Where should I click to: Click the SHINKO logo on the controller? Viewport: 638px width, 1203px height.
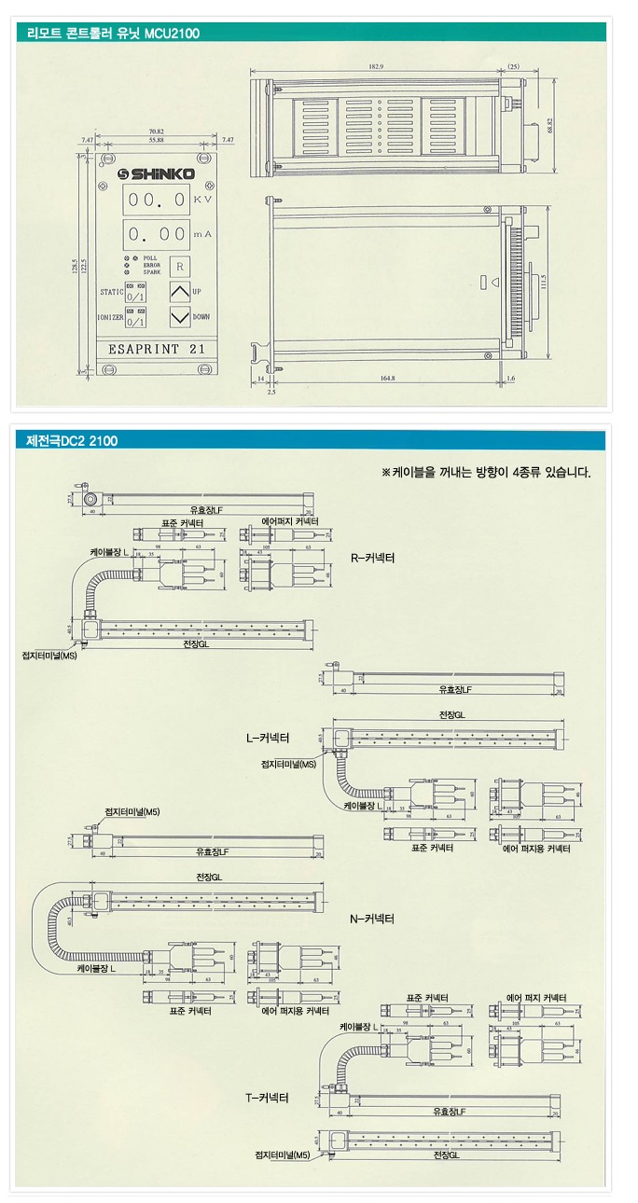pyautogui.click(x=157, y=173)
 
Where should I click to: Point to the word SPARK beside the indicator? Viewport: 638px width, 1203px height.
pyautogui.click(x=152, y=272)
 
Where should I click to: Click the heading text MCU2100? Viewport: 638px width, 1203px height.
pyautogui.click(x=172, y=34)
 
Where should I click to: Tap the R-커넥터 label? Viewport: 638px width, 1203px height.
pyautogui.click(x=373, y=559)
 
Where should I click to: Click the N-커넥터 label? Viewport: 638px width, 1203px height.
pyautogui.click(x=372, y=919)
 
